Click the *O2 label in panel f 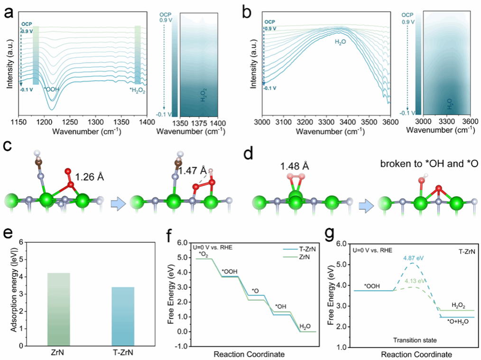click(203, 254)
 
